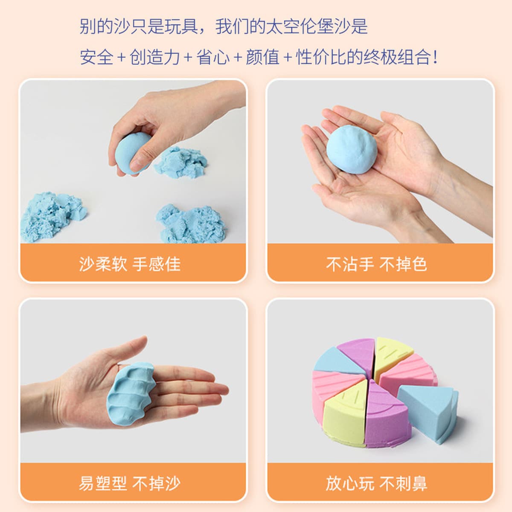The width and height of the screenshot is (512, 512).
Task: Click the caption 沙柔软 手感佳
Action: [130, 264]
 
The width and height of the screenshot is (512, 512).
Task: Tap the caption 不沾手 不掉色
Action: [376, 264]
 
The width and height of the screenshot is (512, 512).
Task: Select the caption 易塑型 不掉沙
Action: [130, 483]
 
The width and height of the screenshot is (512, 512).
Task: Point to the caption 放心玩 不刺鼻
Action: [376, 483]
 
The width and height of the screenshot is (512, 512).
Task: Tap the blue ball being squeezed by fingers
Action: [132, 154]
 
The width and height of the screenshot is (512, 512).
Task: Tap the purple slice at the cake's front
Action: [387, 416]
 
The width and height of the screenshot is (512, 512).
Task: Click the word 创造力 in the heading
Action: [154, 57]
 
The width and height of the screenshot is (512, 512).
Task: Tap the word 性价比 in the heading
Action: [321, 57]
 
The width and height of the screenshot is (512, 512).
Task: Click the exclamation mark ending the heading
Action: [435, 57]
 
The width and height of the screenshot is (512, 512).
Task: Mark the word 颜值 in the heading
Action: [263, 57]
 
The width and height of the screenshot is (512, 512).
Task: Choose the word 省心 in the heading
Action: [213, 57]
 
